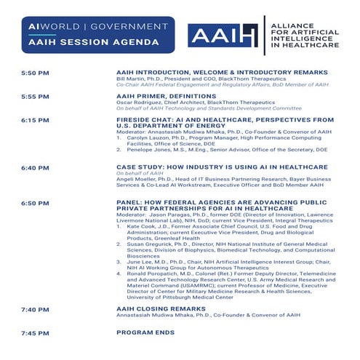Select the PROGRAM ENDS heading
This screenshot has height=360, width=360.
point(145,332)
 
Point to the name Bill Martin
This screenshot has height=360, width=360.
point(132,79)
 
